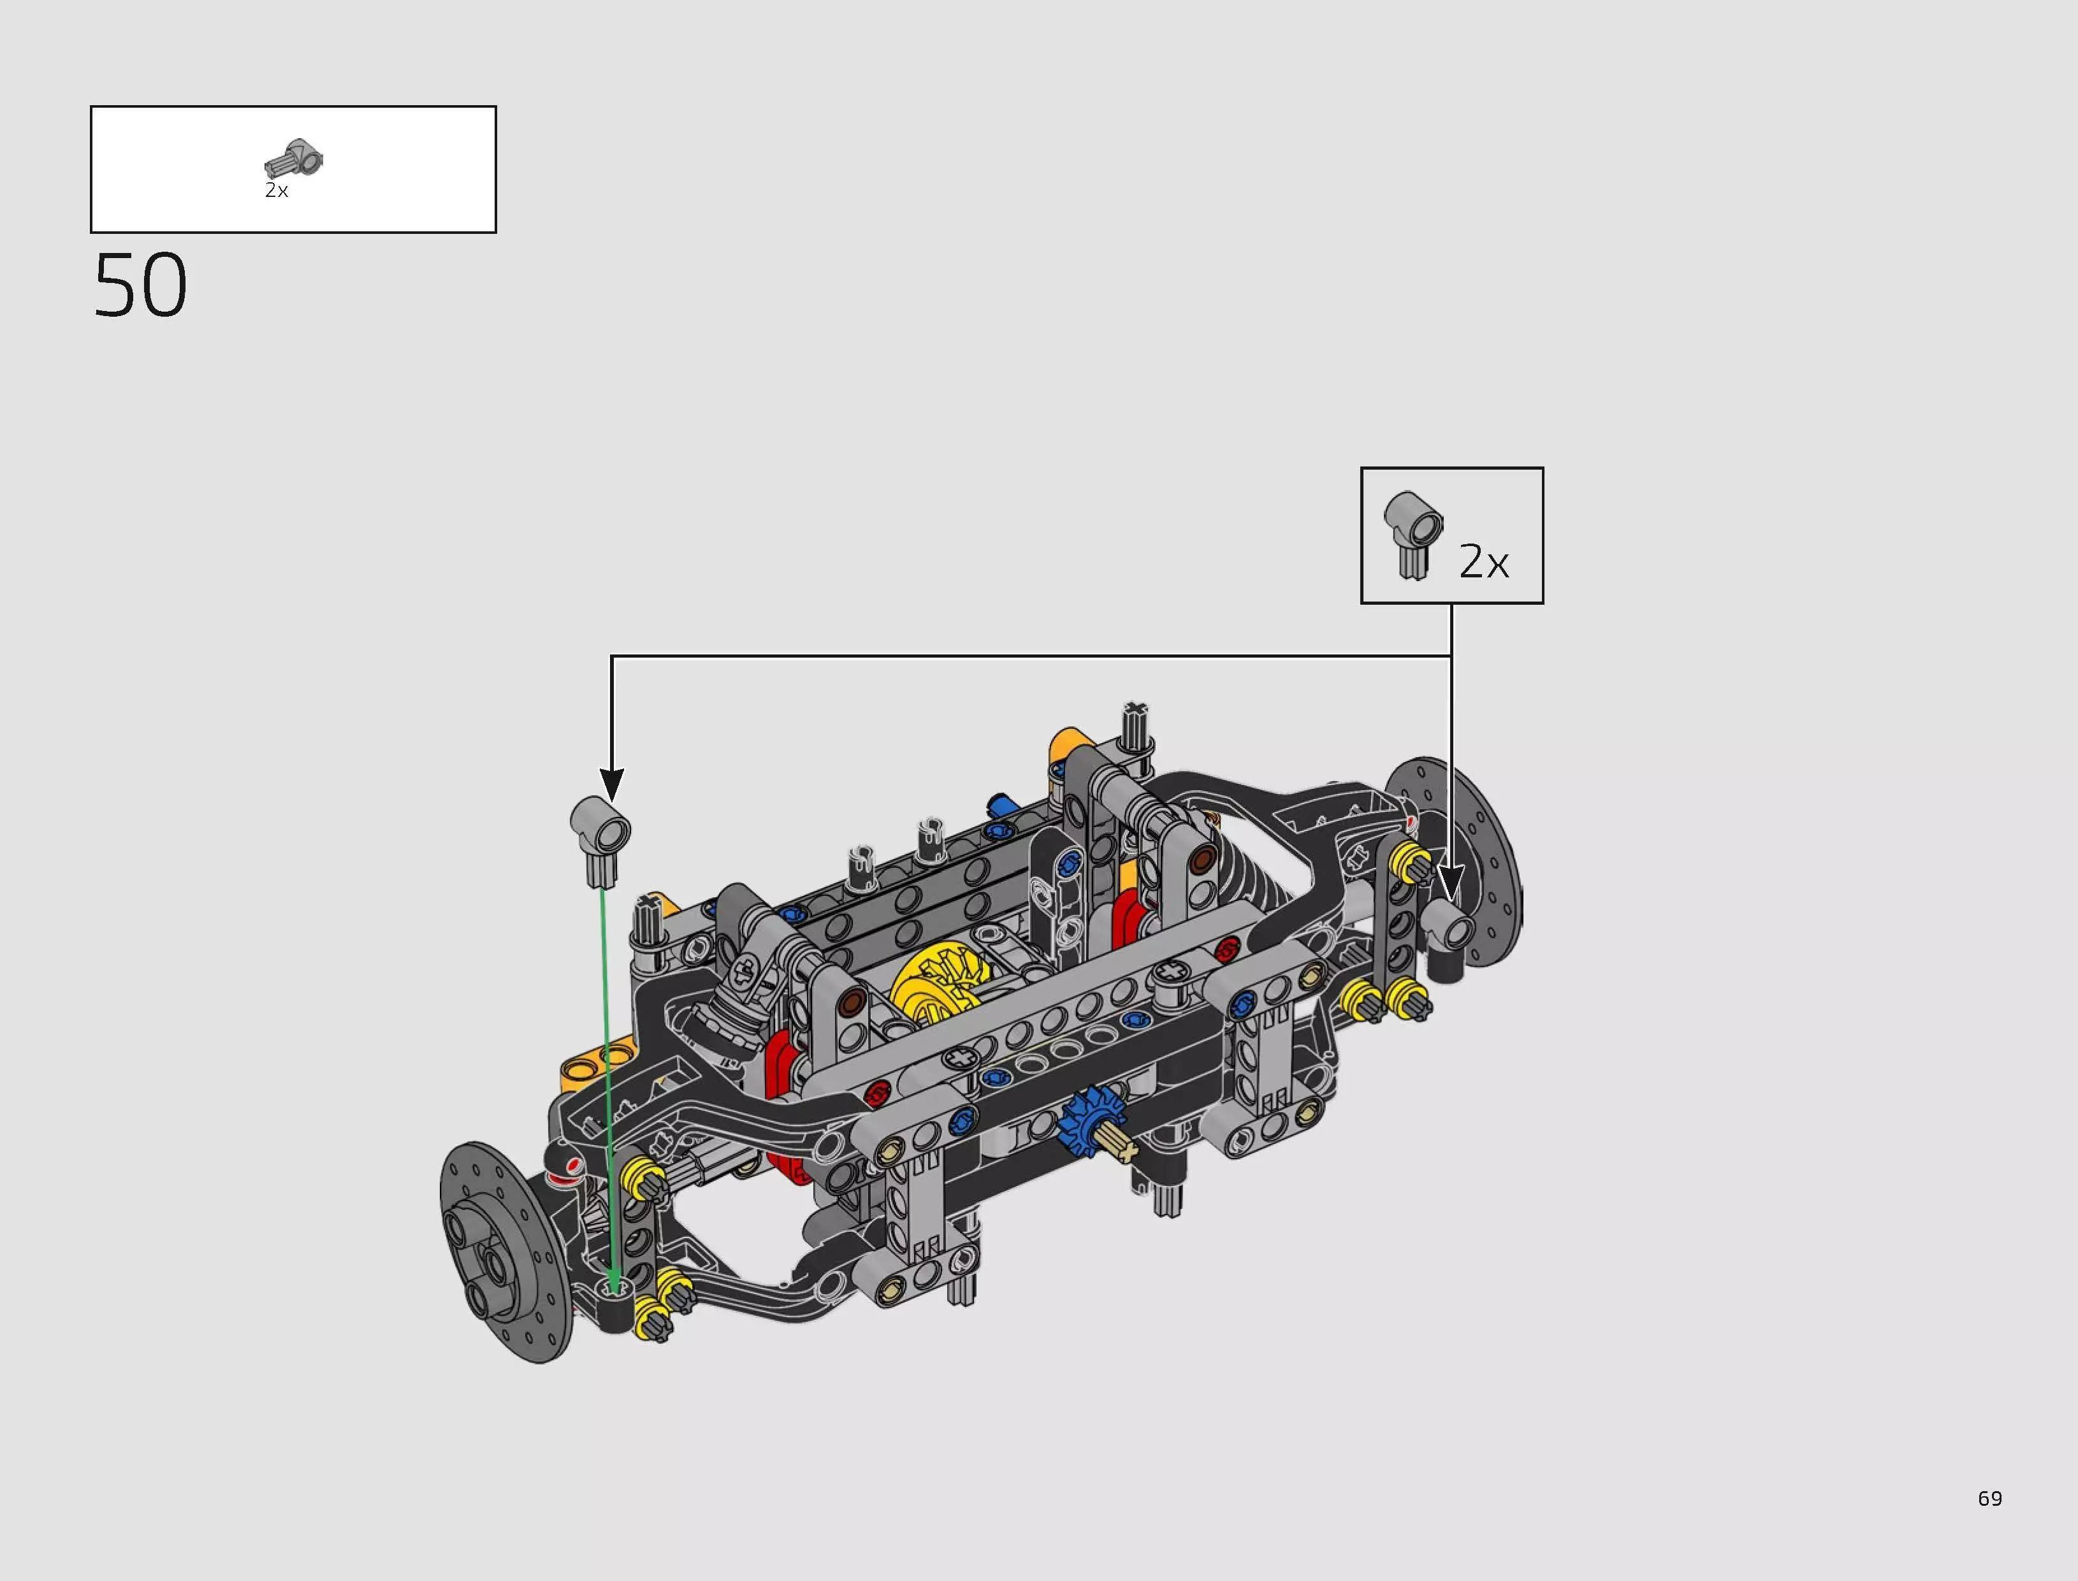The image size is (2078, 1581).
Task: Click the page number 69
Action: (x=1989, y=1498)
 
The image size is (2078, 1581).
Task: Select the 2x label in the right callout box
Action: (x=1483, y=562)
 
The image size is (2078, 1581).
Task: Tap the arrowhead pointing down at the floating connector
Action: (x=612, y=783)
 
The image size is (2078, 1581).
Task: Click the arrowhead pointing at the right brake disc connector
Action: (x=1450, y=884)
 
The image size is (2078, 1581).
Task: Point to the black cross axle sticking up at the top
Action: (x=1136, y=724)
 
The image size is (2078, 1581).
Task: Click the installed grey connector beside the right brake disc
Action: (x=1450, y=932)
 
